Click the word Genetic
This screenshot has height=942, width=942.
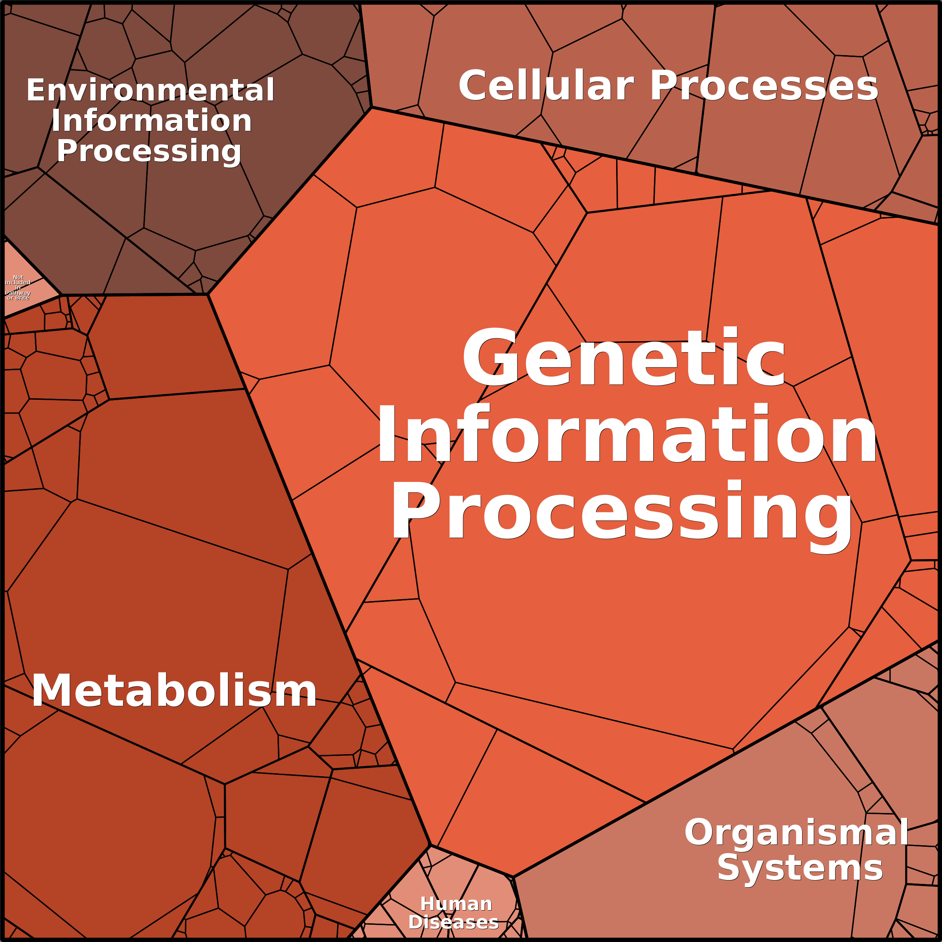click(x=624, y=358)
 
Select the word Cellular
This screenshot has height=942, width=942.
click(x=546, y=86)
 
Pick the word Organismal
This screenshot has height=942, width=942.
click(x=796, y=832)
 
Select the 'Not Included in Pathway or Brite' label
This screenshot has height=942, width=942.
click(x=18, y=287)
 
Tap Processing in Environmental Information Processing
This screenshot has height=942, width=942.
click(x=149, y=151)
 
